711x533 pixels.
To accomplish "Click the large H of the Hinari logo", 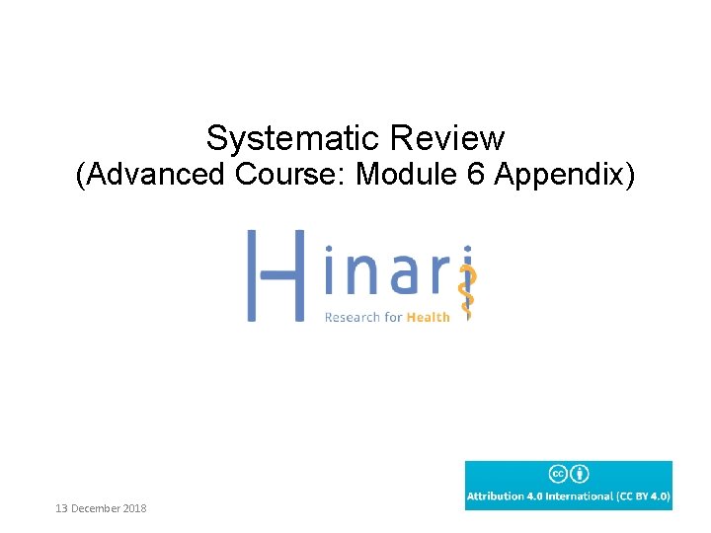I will (x=274, y=275).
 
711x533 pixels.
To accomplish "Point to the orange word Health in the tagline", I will (x=430, y=317).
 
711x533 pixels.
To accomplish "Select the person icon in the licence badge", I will (x=581, y=474).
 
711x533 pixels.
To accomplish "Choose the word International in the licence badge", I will (x=584, y=495).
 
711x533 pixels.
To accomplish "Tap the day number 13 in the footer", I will (x=62, y=508).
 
